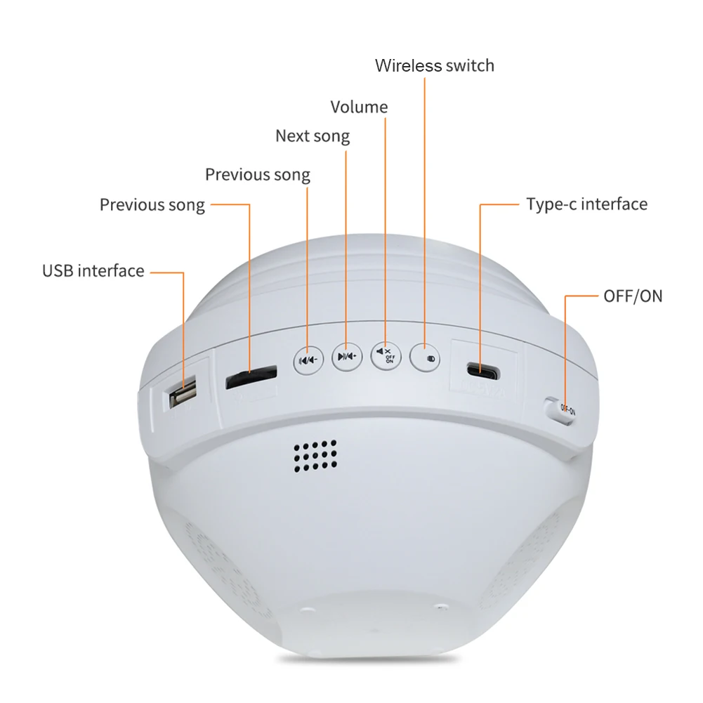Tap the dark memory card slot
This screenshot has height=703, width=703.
251,377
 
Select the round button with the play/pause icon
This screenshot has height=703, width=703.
347,357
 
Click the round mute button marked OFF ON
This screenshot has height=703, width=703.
386,356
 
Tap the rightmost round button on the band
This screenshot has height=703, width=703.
425,357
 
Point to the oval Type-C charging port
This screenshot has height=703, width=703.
483,371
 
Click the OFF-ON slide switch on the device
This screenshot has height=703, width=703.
560,409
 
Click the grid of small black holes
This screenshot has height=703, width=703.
315,456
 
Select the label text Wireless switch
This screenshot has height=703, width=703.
435,65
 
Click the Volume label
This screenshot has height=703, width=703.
359,107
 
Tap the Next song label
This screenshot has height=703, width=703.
313,136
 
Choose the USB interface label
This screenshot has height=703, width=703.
93,271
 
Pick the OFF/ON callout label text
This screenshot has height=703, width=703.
633,296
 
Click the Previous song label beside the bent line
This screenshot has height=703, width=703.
152,205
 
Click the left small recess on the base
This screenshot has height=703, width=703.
308,610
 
